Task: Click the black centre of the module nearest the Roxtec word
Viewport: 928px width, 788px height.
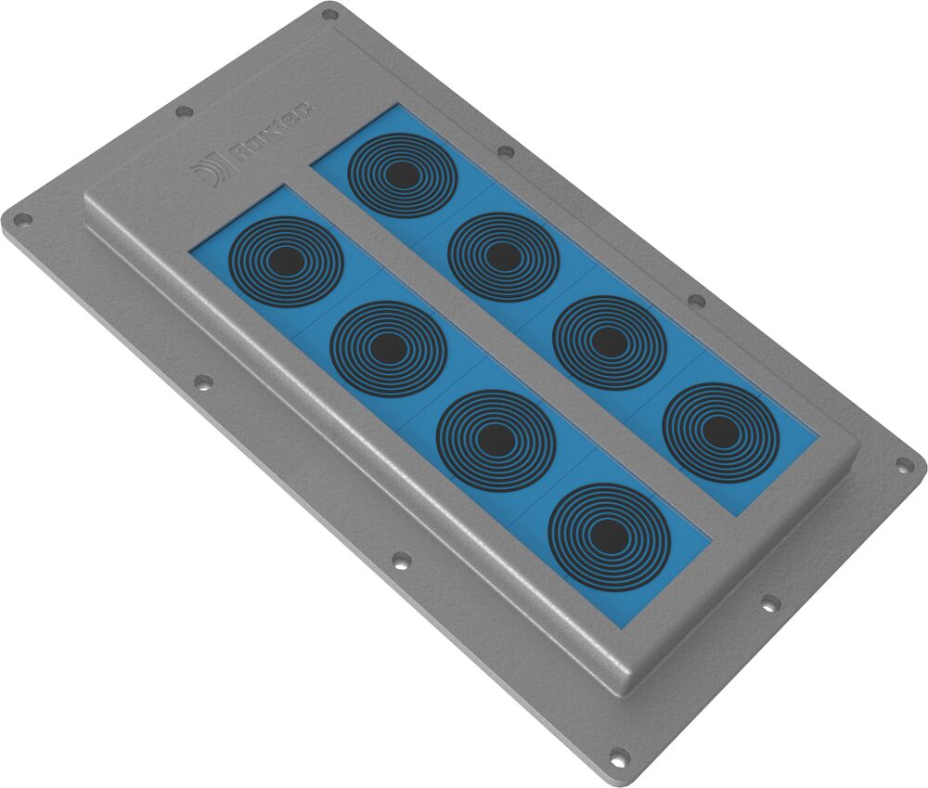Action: point(401,174)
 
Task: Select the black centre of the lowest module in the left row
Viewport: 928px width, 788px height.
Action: point(608,535)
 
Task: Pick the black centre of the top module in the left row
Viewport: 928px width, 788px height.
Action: point(286,262)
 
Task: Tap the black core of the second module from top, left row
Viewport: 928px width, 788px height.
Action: point(388,349)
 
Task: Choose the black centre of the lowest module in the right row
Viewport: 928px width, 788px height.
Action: point(718,431)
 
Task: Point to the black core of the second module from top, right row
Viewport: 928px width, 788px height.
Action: point(503,256)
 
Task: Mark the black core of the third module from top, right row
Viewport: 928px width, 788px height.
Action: point(609,342)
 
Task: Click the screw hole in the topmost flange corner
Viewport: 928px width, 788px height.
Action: point(329,14)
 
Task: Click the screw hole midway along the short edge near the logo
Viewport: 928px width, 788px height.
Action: point(184,111)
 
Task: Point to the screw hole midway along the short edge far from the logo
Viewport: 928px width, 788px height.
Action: point(768,603)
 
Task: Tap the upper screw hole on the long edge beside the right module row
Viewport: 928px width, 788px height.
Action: point(506,151)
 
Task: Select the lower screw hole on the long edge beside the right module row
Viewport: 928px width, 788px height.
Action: point(695,300)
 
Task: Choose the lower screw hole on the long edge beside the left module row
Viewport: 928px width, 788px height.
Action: point(401,560)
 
